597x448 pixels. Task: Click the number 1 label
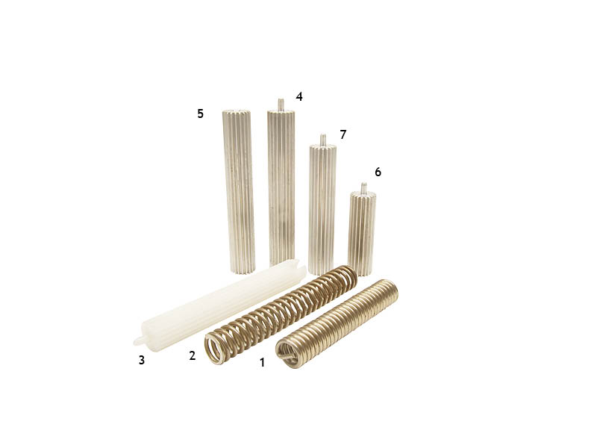pyautogui.click(x=262, y=362)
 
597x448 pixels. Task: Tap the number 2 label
pyautogui.click(x=193, y=355)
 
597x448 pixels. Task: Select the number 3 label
pyautogui.click(x=142, y=360)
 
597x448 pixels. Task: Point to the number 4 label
pyautogui.click(x=299, y=96)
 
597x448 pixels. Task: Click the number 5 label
pyautogui.click(x=200, y=113)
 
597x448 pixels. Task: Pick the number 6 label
pyautogui.click(x=378, y=172)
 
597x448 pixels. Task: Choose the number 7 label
pyautogui.click(x=343, y=134)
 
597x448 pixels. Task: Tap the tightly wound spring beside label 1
pyautogui.click(x=337, y=323)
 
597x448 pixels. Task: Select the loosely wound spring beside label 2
pyautogui.click(x=281, y=315)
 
